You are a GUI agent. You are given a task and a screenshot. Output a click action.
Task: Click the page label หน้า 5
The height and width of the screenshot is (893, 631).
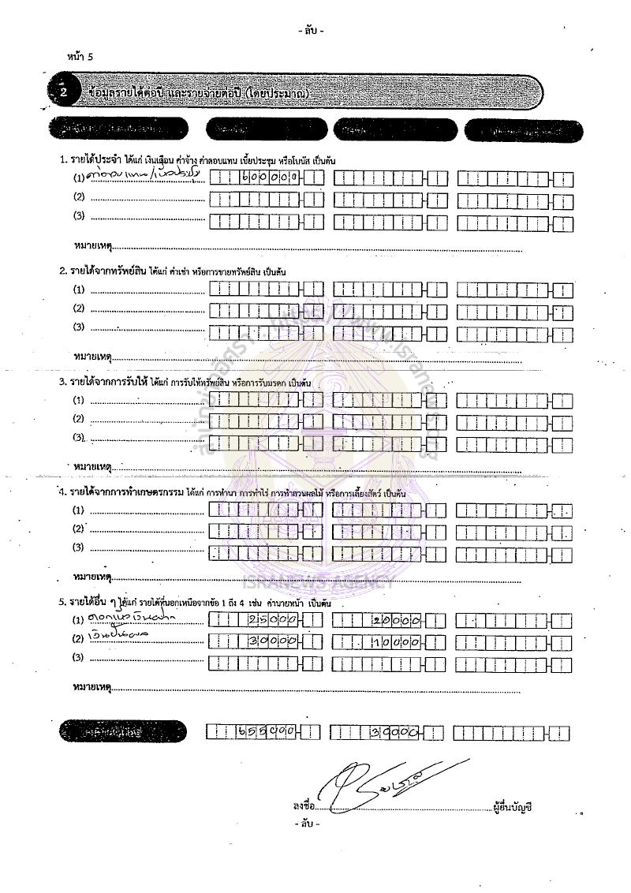click(80, 57)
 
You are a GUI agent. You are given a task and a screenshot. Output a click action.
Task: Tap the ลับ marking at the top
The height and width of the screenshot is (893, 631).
click(312, 32)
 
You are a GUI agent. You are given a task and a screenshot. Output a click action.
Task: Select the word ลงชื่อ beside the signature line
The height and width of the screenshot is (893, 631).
click(304, 807)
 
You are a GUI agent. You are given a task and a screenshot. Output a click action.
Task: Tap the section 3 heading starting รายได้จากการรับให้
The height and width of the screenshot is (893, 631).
click(185, 382)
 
